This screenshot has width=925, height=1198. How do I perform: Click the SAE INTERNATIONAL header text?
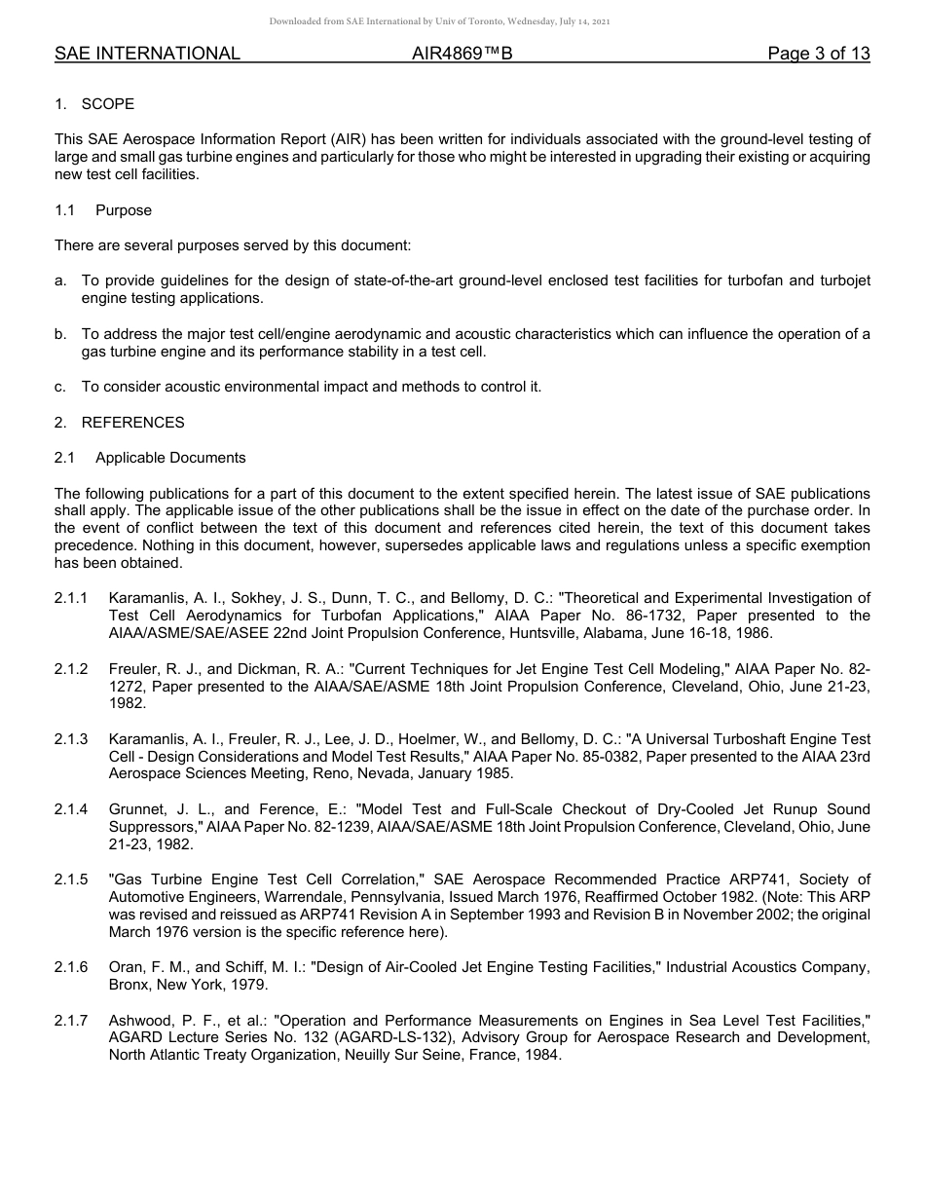point(147,55)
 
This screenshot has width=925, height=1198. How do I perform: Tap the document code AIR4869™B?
point(462,55)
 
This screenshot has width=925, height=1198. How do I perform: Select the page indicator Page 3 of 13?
point(818,55)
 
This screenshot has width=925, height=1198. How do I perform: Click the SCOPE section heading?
point(108,104)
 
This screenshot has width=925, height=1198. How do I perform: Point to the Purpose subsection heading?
point(124,210)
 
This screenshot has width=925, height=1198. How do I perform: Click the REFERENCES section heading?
point(132,423)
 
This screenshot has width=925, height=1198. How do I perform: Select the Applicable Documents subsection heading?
point(170,458)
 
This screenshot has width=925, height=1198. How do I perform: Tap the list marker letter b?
point(60,334)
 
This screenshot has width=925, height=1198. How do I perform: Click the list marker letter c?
point(60,387)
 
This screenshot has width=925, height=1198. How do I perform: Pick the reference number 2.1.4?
point(71,809)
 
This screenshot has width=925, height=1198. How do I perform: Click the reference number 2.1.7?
point(71,1021)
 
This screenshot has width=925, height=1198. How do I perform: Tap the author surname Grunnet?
point(136,809)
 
